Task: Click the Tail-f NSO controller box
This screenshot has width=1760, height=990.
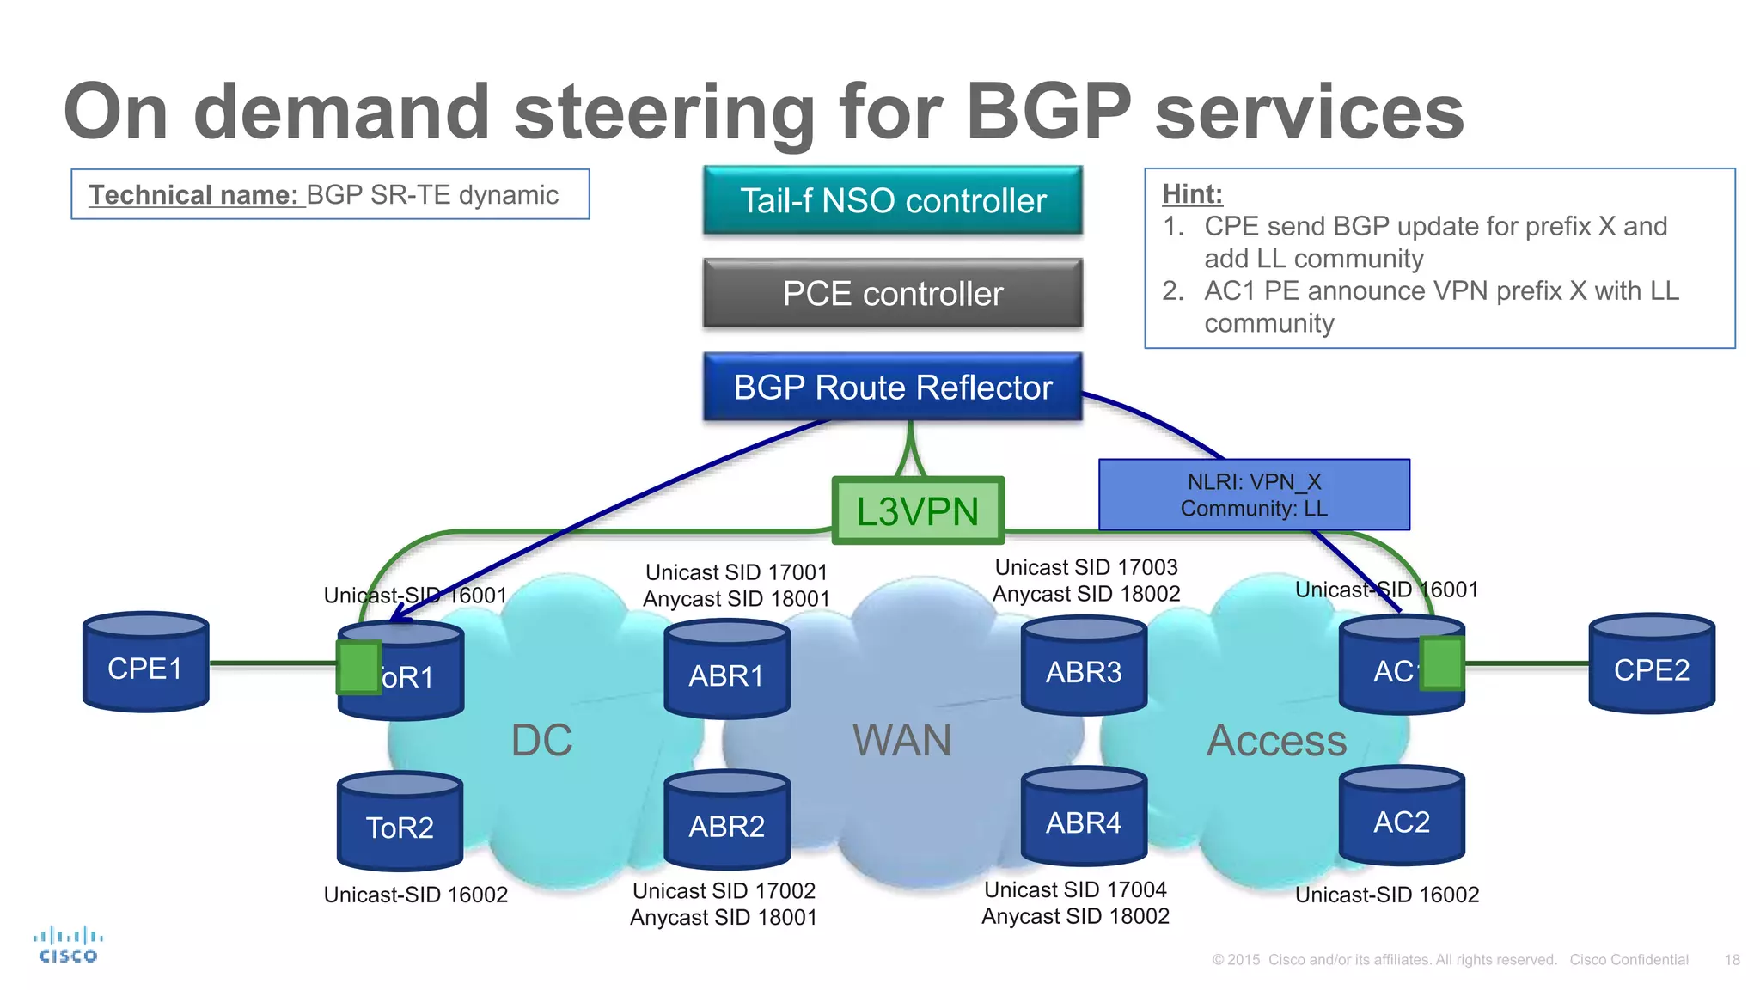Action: (x=892, y=200)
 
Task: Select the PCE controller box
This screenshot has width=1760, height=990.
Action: (x=892, y=293)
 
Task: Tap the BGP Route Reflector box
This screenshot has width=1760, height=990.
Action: (x=892, y=387)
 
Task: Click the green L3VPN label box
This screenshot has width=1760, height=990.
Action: (x=918, y=511)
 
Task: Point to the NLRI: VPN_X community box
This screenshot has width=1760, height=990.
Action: (x=1254, y=495)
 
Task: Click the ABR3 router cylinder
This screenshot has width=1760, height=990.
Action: (x=1084, y=668)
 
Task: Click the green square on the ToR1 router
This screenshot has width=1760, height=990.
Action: (x=358, y=667)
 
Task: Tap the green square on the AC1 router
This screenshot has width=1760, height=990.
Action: (x=1441, y=663)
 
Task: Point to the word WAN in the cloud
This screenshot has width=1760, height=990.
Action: (x=901, y=740)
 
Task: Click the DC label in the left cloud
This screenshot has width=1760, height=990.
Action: (x=541, y=740)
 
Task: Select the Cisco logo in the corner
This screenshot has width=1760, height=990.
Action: (x=68, y=945)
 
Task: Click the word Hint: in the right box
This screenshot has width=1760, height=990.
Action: (x=1192, y=193)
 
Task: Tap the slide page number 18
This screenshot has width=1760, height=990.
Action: (x=1732, y=960)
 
